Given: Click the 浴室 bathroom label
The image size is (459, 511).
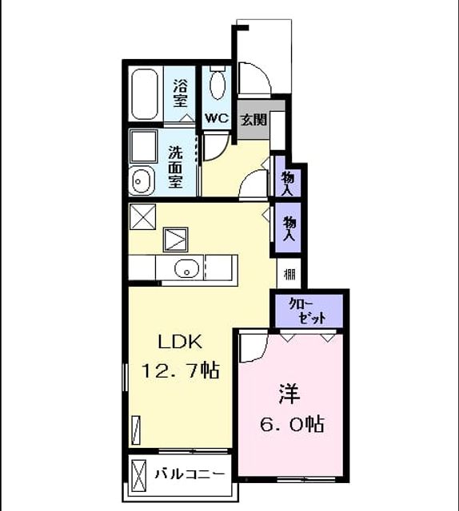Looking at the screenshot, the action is [180, 93].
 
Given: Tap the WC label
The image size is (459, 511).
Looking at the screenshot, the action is [217, 118].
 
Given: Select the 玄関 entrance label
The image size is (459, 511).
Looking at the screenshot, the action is [253, 121].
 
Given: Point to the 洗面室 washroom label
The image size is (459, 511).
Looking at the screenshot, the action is [175, 167].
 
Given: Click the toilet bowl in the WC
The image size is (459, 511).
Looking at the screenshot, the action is [218, 85].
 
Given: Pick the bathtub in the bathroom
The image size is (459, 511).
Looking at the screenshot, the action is [146, 93].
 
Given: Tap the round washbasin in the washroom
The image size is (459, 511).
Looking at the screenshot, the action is [141, 181].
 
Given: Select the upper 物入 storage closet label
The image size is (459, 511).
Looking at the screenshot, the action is [288, 183].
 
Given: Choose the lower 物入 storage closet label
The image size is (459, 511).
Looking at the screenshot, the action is [289, 228].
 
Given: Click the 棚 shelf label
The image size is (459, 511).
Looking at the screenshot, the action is [289, 275].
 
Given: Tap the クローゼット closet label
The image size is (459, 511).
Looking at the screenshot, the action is [306, 311].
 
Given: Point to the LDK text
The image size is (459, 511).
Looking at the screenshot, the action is [180, 342].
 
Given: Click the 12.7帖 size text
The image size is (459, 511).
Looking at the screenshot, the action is [180, 370].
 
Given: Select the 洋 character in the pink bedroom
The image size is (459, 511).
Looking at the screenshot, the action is [289, 394].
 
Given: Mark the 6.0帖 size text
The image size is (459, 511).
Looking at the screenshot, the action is [292, 424].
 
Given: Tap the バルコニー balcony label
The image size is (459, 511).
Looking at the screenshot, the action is [190, 473].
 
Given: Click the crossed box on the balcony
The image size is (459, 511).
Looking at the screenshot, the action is [138, 476].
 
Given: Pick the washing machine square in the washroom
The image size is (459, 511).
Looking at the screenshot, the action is [144, 146].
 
